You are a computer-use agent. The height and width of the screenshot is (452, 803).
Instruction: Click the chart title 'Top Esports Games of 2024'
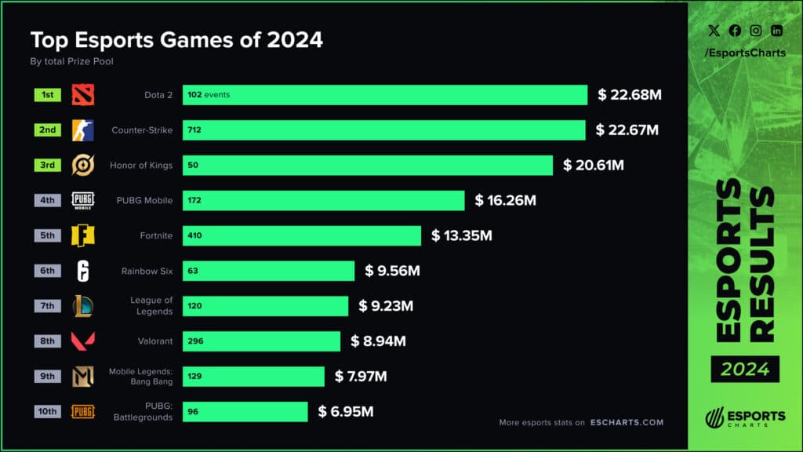click(176, 39)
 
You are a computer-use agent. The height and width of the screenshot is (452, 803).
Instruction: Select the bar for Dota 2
click(384, 95)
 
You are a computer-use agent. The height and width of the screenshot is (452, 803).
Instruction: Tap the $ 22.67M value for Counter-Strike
click(627, 130)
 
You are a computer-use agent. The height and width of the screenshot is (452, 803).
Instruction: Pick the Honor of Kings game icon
click(83, 165)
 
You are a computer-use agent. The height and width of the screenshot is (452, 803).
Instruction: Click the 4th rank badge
click(48, 200)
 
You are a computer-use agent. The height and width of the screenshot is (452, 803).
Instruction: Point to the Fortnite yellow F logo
click(83, 235)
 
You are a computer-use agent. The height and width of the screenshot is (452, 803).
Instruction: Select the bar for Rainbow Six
click(270, 271)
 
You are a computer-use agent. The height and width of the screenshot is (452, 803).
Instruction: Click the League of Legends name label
click(151, 306)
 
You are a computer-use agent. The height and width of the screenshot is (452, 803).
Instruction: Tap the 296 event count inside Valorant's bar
click(195, 341)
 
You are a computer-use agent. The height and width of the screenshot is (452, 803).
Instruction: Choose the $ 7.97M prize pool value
click(361, 377)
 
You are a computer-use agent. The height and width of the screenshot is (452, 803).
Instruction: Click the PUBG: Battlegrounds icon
click(83, 411)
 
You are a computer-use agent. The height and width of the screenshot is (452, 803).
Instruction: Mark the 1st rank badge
click(48, 95)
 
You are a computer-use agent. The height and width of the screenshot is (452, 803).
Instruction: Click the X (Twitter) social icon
click(713, 31)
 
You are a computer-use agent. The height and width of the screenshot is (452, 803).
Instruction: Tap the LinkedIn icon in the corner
click(776, 31)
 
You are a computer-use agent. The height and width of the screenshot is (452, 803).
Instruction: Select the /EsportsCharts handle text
click(744, 53)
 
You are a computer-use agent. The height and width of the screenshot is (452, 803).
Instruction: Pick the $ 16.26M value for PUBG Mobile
click(505, 201)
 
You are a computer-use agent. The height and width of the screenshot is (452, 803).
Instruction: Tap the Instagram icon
click(755, 31)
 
